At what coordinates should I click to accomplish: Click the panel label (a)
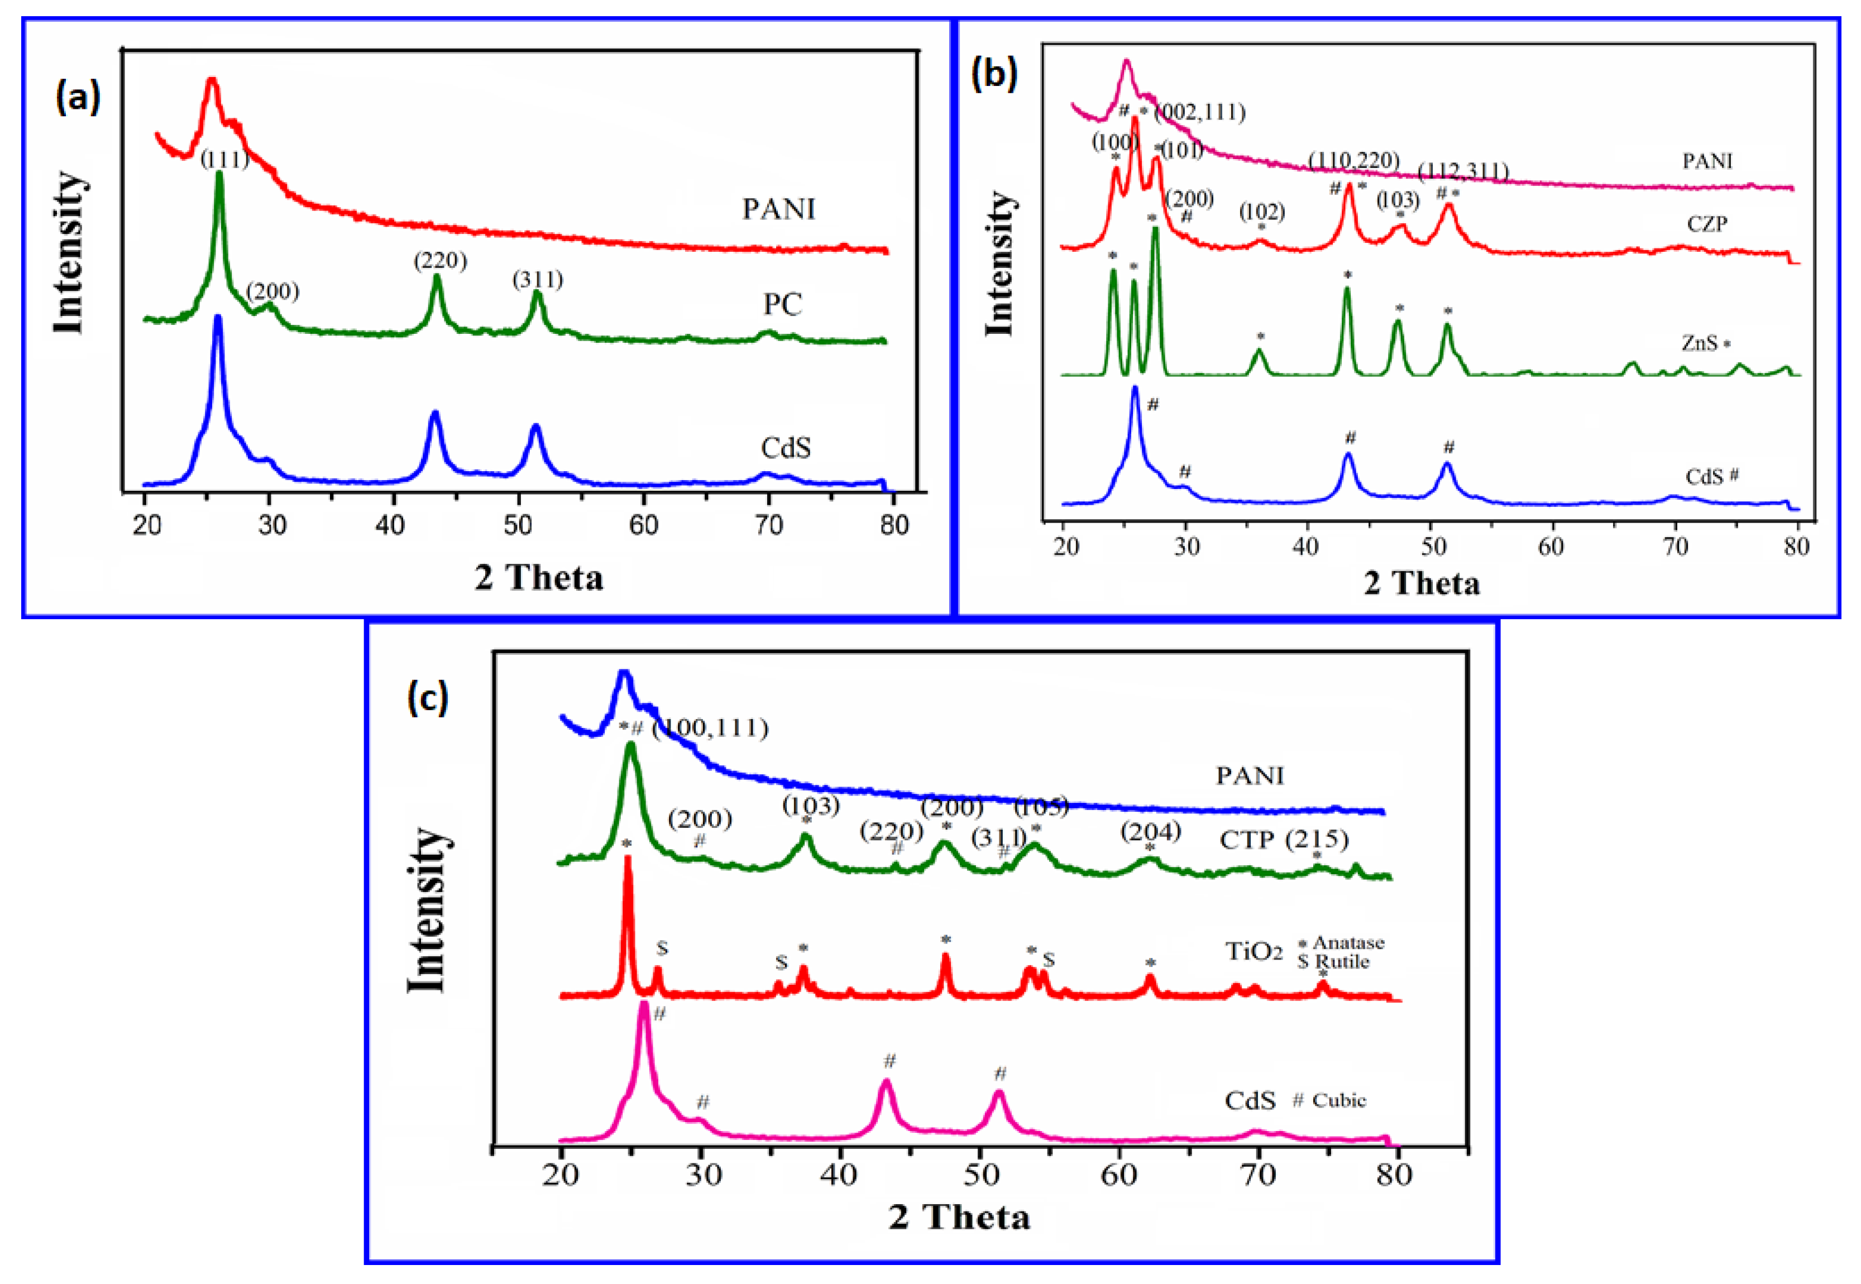pyautogui.click(x=78, y=98)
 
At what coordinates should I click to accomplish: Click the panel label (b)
pyautogui.click(x=994, y=74)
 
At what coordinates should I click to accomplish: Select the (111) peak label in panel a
pyautogui.click(x=224, y=159)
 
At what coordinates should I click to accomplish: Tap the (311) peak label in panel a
pyautogui.click(x=538, y=279)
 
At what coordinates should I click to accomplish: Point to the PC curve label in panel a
pyautogui.click(x=782, y=304)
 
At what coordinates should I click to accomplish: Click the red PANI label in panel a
pyautogui.click(x=778, y=209)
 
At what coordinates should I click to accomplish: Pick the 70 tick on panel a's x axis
pyautogui.click(x=768, y=525)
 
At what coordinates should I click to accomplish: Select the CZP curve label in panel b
pyautogui.click(x=1706, y=224)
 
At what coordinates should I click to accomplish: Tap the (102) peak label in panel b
pyautogui.click(x=1261, y=212)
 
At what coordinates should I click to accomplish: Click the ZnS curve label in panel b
pyautogui.click(x=1699, y=343)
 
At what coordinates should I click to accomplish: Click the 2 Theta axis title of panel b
pyautogui.click(x=1421, y=582)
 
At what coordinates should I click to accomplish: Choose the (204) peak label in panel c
pyautogui.click(x=1151, y=831)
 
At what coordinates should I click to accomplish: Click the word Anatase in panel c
pyautogui.click(x=1348, y=942)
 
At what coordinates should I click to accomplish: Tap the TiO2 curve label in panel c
pyautogui.click(x=1254, y=952)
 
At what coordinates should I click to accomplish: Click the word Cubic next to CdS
pyautogui.click(x=1339, y=1100)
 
